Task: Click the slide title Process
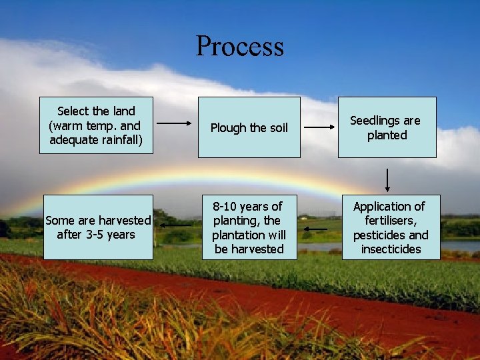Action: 239,47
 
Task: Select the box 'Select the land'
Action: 96,125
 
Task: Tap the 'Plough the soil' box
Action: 249,127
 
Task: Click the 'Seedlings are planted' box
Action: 387,127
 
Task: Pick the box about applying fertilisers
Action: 391,227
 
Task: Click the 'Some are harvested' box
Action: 97,227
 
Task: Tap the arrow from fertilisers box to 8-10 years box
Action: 314,229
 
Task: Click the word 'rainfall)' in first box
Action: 119,140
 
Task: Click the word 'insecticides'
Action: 391,249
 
